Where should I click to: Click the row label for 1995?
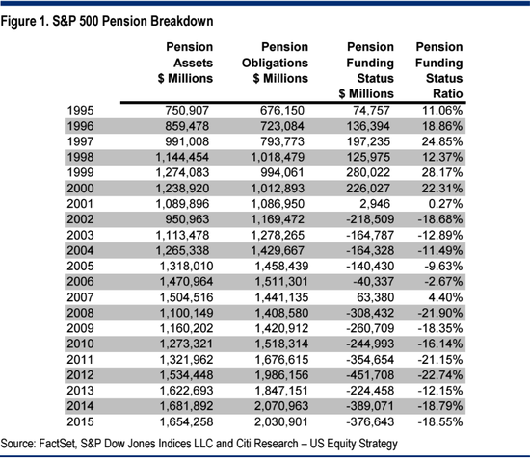click(80, 111)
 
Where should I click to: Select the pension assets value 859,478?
click(187, 126)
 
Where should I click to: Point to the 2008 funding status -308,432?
click(370, 313)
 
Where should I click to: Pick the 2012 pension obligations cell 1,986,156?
click(281, 375)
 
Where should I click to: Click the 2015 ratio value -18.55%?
click(440, 421)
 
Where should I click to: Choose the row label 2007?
click(80, 297)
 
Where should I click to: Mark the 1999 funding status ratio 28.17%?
click(442, 173)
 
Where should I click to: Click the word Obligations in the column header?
click(275, 64)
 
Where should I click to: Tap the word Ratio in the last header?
click(448, 94)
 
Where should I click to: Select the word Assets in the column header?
click(193, 64)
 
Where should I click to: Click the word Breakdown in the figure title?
click(182, 21)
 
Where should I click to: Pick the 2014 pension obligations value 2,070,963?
click(281, 406)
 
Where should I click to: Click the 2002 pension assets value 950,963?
click(187, 219)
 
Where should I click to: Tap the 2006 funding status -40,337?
click(374, 282)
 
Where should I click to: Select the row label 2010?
click(80, 344)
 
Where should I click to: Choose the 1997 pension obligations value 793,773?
click(282, 141)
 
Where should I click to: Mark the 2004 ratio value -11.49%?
click(440, 251)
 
